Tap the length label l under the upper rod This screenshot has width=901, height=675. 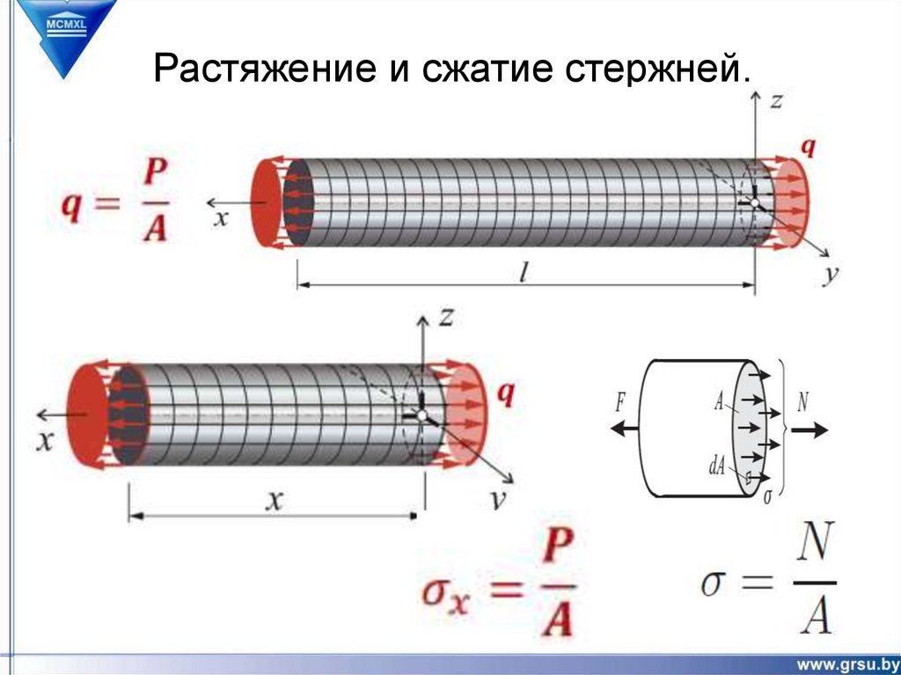523,273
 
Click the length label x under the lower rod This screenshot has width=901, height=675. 275,501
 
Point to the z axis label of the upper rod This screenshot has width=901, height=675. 776,101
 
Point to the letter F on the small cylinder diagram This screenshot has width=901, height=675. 621,403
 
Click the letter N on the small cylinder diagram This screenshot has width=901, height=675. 802,402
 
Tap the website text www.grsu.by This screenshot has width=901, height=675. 847,662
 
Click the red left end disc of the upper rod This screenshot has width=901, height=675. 265,202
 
